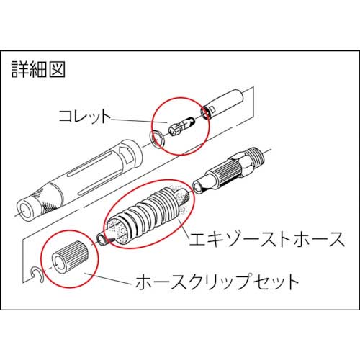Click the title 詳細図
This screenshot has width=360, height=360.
click(38, 69)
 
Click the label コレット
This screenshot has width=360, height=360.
click(84, 116)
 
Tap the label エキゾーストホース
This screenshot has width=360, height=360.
click(267, 239)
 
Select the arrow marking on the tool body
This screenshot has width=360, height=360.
click(127, 153)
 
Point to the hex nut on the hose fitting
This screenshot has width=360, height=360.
click(240, 164)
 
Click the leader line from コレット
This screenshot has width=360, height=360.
click(139, 121)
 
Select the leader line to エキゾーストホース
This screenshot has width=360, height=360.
click(184, 228)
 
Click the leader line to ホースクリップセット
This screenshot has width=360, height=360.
click(108, 279)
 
